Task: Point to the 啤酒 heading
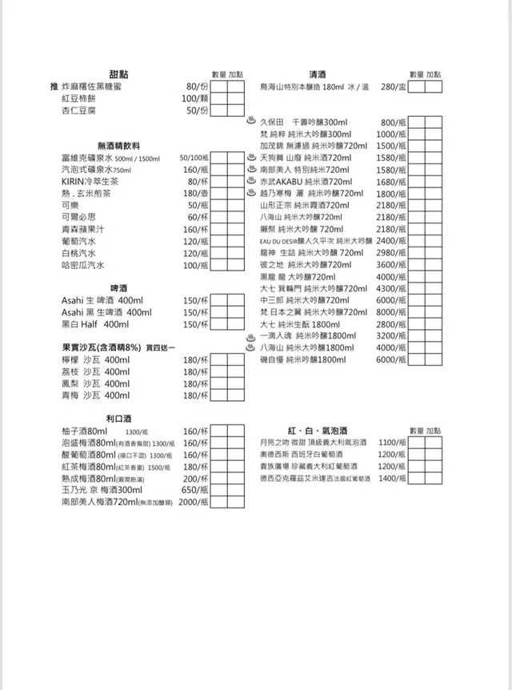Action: point(120,287)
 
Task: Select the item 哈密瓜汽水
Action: point(83,265)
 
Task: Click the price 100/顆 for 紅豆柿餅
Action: point(194,98)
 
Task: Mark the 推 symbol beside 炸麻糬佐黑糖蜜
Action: point(54,86)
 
